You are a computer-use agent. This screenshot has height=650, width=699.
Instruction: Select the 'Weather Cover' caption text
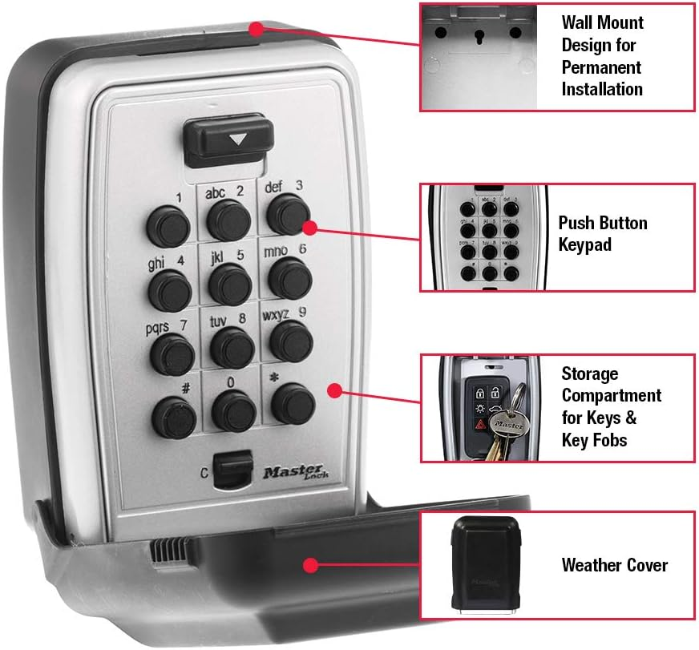[614, 565]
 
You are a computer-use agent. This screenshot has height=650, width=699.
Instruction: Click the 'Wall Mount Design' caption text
[602, 55]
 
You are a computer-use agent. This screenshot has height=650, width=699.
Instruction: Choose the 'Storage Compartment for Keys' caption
[611, 406]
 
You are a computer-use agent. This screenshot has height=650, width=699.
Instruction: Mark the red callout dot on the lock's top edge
[256, 30]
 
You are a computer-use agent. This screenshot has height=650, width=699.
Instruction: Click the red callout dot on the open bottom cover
[309, 565]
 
